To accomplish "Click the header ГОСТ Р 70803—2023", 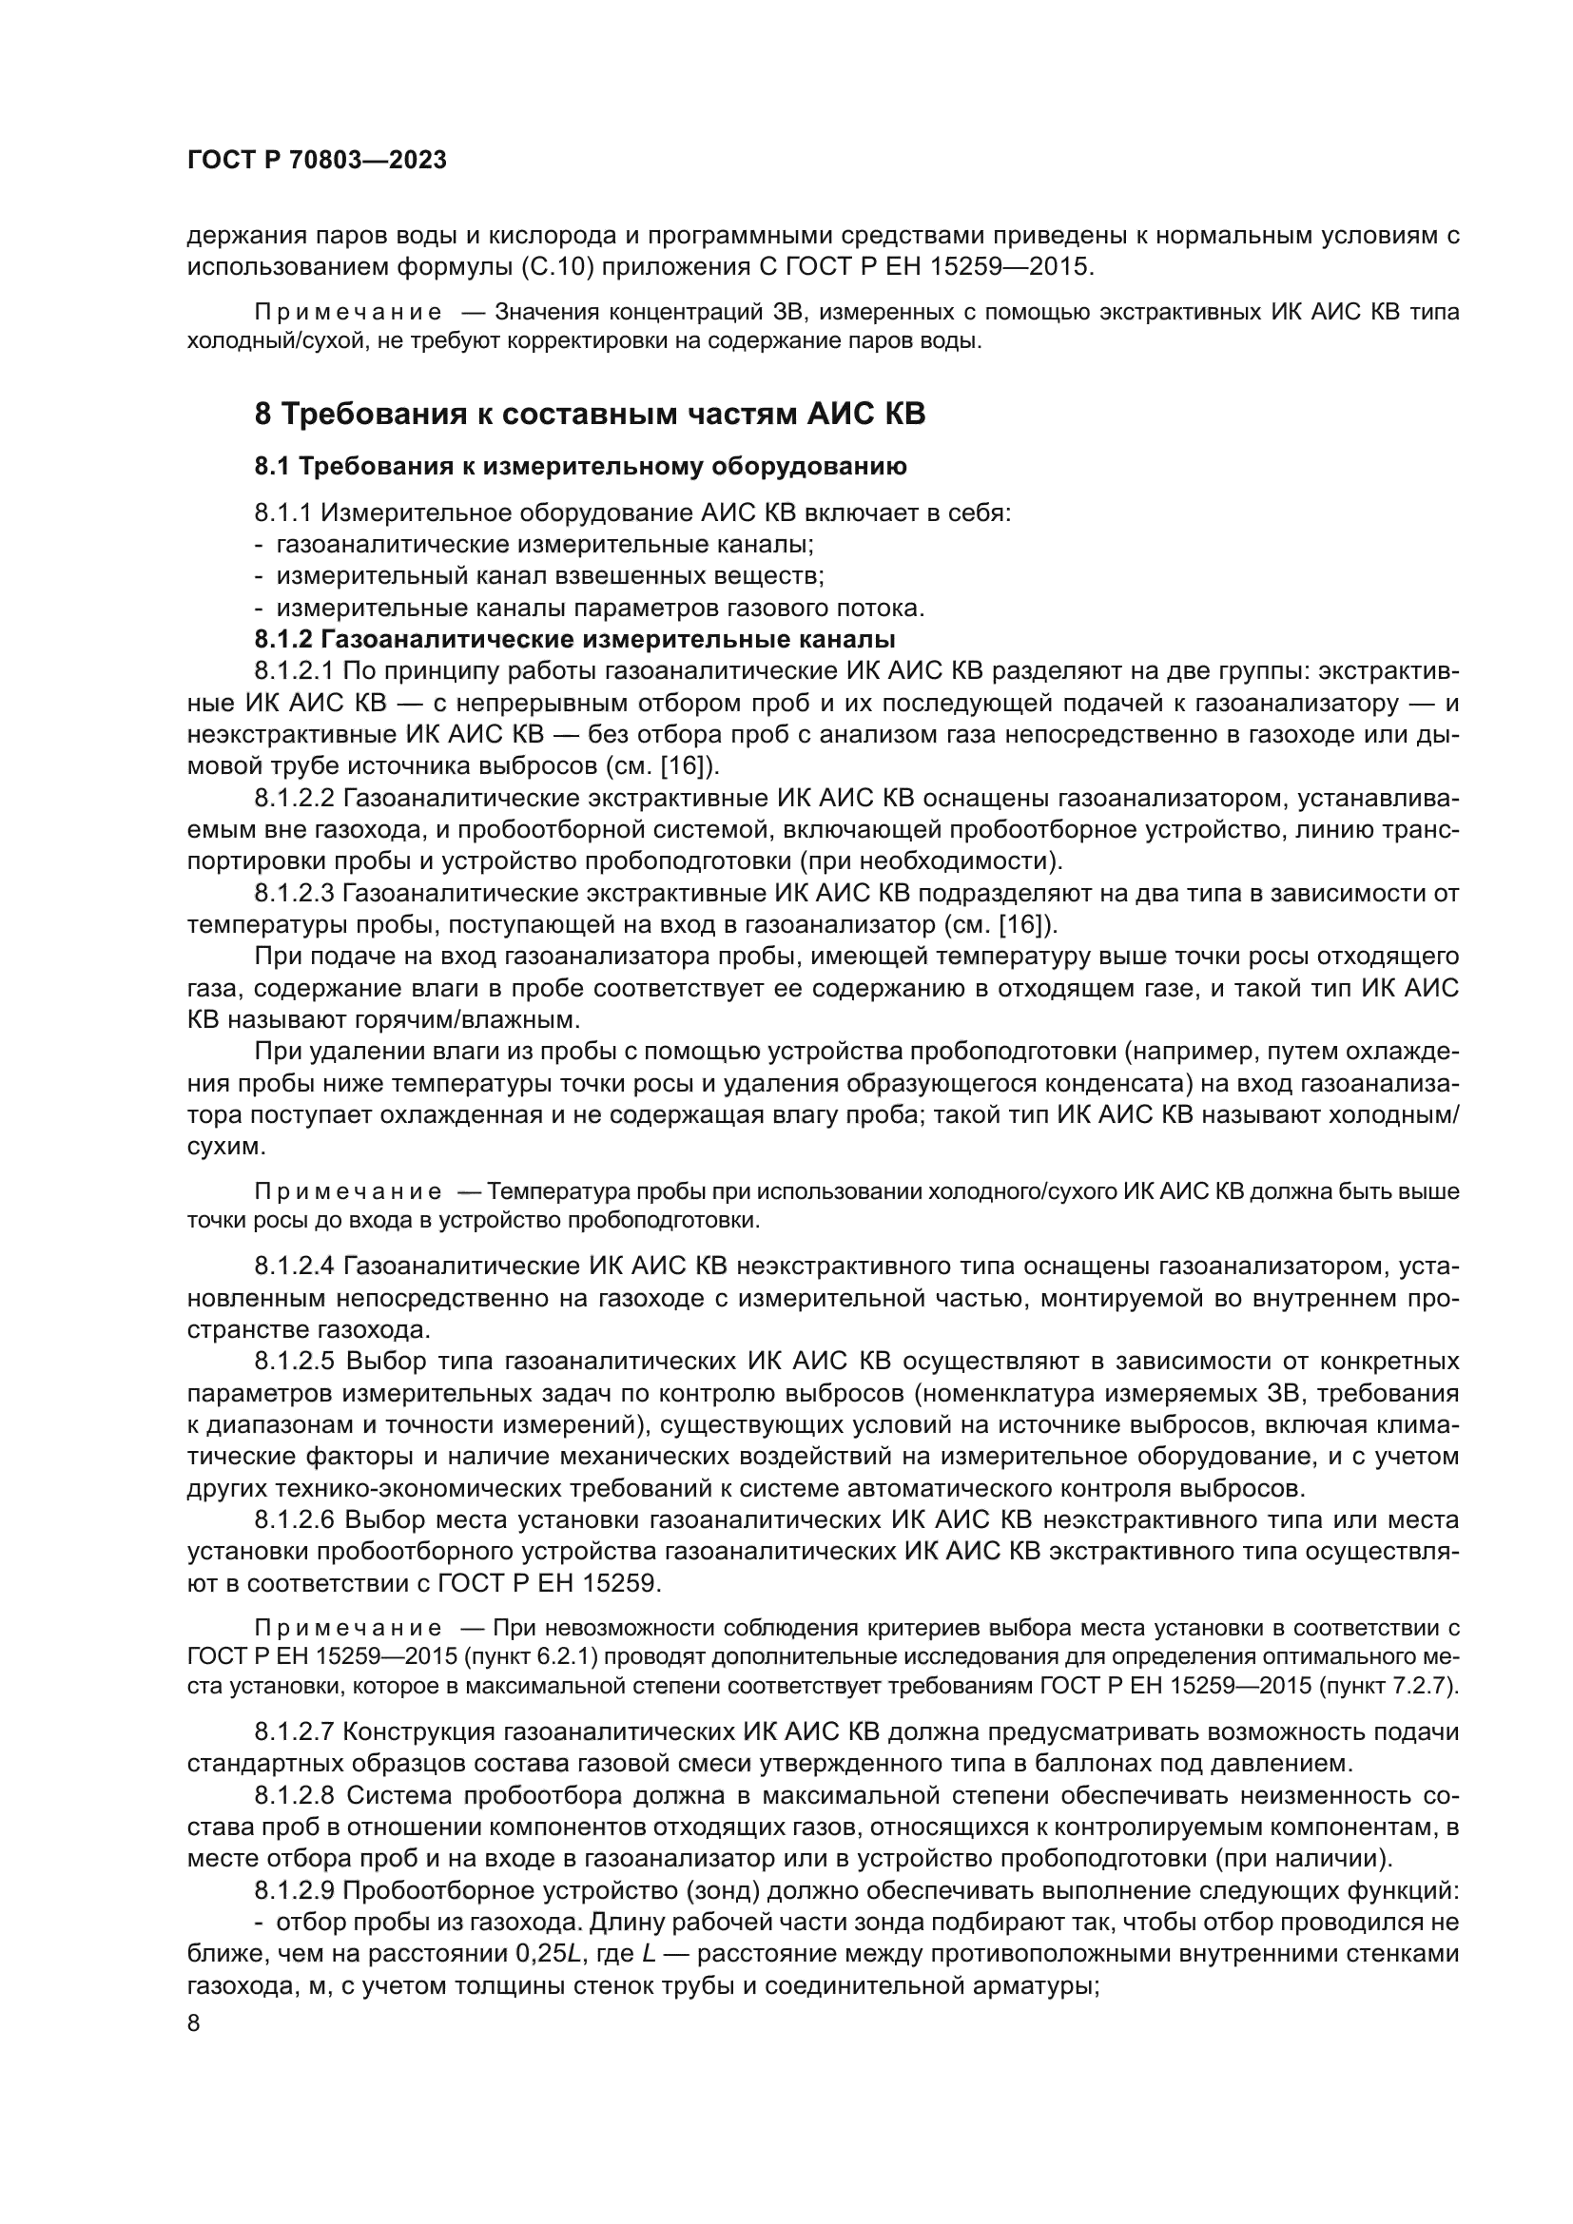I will point(317,161).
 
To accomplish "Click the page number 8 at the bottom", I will point(194,2023).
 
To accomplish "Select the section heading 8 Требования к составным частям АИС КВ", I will point(590,415).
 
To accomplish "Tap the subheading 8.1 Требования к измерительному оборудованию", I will point(580,467).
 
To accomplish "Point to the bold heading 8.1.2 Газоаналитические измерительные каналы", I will point(574,639).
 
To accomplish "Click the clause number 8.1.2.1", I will point(295,671).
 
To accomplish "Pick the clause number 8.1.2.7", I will point(295,1731).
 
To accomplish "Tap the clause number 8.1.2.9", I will point(295,1890).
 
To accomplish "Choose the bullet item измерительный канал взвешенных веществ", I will point(550,576).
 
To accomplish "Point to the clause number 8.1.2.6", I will point(295,1519).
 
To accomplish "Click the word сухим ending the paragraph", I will point(223,1147).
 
